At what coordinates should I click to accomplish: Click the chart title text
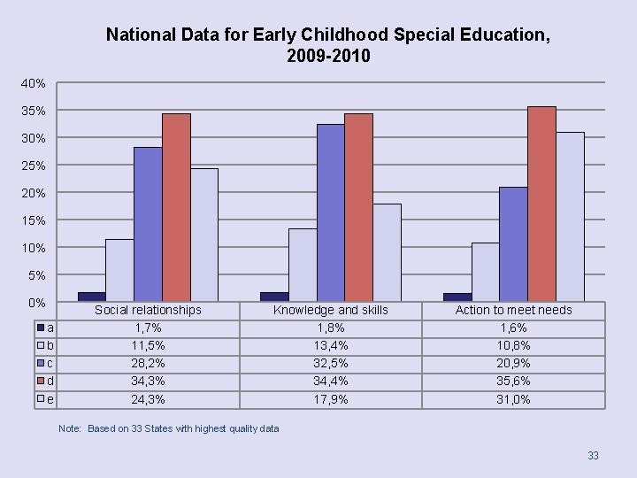pyautogui.click(x=327, y=45)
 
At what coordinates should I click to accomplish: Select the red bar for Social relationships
pyautogui.click(x=176, y=208)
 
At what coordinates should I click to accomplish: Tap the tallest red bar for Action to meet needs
pyautogui.click(x=541, y=204)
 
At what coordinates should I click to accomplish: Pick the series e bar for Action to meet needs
pyautogui.click(x=570, y=217)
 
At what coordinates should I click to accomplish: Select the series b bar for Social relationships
pyautogui.click(x=119, y=270)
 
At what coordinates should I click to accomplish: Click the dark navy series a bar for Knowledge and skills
pyautogui.click(x=274, y=297)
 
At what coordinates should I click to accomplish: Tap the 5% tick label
pyautogui.click(x=36, y=275)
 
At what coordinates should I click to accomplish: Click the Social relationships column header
pyautogui.click(x=148, y=310)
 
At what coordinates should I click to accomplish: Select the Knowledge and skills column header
pyautogui.click(x=330, y=310)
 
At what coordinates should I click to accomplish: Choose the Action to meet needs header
pyautogui.click(x=513, y=310)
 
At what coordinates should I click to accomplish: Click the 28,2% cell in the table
pyautogui.click(x=148, y=363)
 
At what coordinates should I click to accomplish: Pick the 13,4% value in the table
pyautogui.click(x=330, y=345)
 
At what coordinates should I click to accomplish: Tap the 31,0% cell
pyautogui.click(x=513, y=399)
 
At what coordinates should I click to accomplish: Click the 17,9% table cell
pyautogui.click(x=330, y=399)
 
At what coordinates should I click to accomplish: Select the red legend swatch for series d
pyautogui.click(x=41, y=381)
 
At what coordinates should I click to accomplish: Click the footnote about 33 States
pyautogui.click(x=168, y=428)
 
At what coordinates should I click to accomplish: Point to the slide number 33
pyautogui.click(x=593, y=456)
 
